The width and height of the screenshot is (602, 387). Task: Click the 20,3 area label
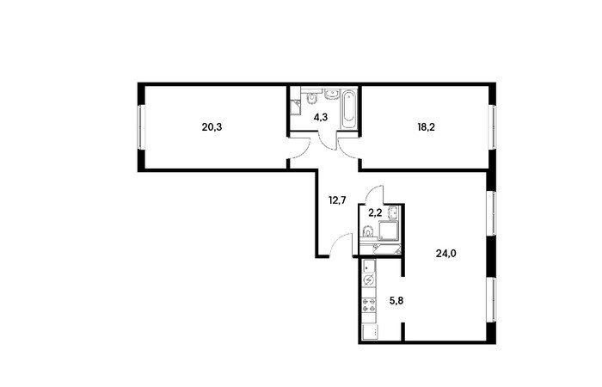212,127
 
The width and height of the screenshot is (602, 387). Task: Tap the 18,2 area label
427,127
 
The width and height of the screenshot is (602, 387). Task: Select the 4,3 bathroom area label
321,117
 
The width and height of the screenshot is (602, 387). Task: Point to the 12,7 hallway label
337,200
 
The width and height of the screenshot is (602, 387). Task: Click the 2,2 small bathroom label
375,213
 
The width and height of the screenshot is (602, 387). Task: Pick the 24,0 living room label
446,254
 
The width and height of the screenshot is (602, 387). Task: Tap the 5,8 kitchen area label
396,301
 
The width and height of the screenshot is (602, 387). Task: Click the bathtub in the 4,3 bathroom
349,109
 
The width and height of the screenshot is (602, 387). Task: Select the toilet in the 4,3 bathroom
311,98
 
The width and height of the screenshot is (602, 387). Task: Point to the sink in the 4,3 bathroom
331,94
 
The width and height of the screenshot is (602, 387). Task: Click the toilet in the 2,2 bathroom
368,232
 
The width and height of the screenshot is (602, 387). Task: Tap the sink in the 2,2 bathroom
394,212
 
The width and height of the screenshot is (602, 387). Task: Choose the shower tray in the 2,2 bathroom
389,230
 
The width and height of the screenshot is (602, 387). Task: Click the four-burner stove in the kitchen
369,305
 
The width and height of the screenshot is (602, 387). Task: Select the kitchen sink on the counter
369,266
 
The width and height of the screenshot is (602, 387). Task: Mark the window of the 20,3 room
141,127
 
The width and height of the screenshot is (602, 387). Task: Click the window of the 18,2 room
492,127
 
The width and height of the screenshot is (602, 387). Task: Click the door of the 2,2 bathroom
374,193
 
